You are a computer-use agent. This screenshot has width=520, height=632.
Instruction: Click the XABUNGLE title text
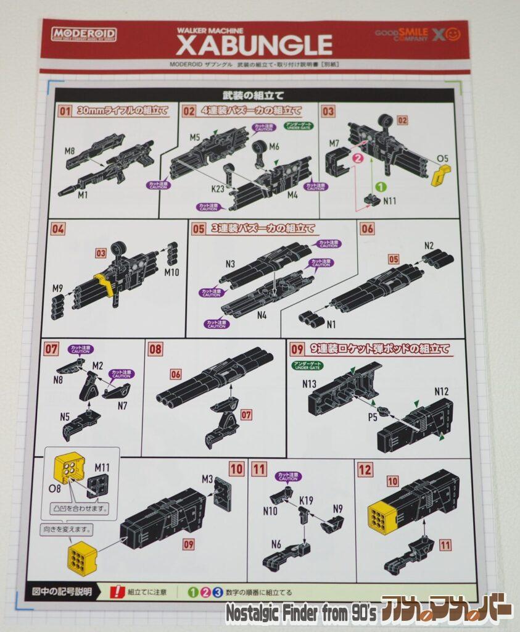[254, 44]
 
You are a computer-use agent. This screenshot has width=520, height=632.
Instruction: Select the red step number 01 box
[65, 112]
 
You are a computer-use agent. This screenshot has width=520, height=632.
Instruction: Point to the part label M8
[70, 150]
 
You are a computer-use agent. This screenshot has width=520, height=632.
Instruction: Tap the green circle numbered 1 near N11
[381, 185]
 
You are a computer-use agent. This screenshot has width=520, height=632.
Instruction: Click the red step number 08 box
[155, 349]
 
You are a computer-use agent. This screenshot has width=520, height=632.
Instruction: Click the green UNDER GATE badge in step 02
[299, 125]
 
